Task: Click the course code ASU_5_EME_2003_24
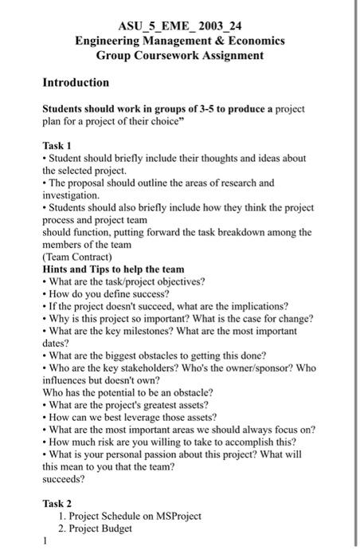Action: [x=179, y=25]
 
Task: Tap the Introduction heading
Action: [x=76, y=82]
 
